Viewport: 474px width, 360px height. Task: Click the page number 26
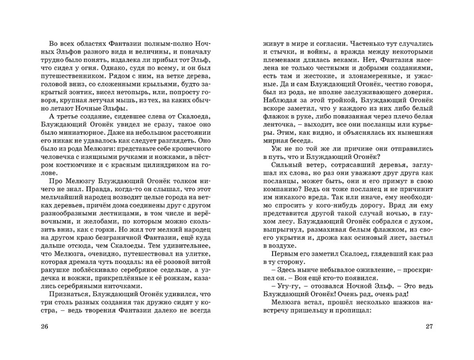[x=46, y=327]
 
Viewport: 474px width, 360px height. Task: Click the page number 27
[x=429, y=327]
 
